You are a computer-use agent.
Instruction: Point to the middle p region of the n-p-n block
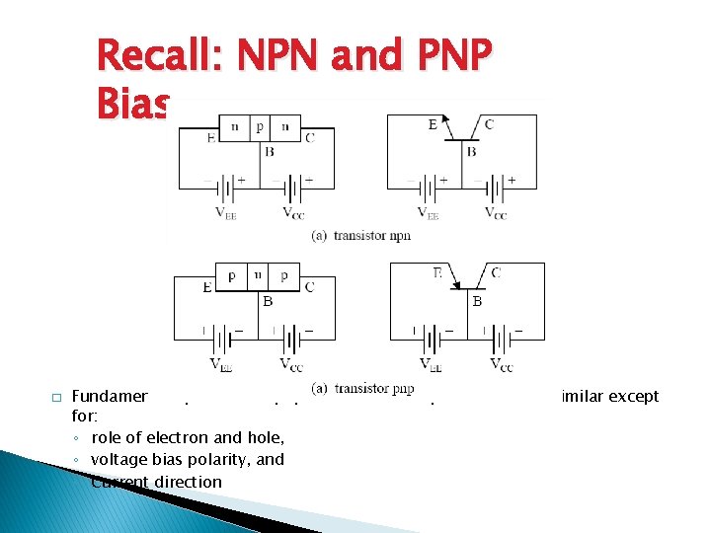point(260,126)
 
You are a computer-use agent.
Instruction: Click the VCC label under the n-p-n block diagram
point(293,213)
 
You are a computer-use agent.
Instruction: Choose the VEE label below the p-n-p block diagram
point(223,364)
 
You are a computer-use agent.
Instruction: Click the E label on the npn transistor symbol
point(433,124)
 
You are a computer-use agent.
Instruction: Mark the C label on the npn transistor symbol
point(489,124)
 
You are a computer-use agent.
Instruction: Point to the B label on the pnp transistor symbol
point(477,301)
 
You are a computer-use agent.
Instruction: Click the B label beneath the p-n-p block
point(268,301)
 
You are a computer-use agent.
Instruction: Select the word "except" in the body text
point(637,396)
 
